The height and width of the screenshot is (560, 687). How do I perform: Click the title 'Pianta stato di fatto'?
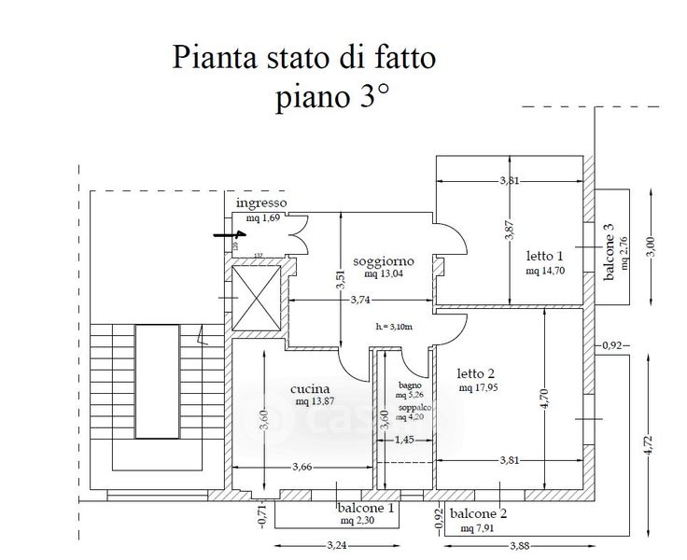coord(303,58)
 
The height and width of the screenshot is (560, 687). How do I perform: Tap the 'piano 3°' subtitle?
coord(331,98)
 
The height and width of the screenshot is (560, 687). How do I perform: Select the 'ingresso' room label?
coord(260,203)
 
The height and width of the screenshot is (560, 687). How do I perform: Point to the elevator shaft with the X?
coord(255,299)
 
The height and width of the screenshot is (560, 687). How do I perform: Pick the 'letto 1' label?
coord(545,256)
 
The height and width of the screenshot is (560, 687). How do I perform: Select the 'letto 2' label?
coord(478,373)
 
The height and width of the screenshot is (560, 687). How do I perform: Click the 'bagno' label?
coord(410,385)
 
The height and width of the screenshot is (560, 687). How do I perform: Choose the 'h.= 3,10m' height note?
coord(394,327)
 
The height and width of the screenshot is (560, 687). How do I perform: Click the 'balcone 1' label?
coord(365,509)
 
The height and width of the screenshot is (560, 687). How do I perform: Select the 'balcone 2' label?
coord(478,514)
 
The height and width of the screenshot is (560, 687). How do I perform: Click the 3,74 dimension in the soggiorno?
coord(365,300)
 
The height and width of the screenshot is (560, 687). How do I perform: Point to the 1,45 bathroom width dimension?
coord(405,441)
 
